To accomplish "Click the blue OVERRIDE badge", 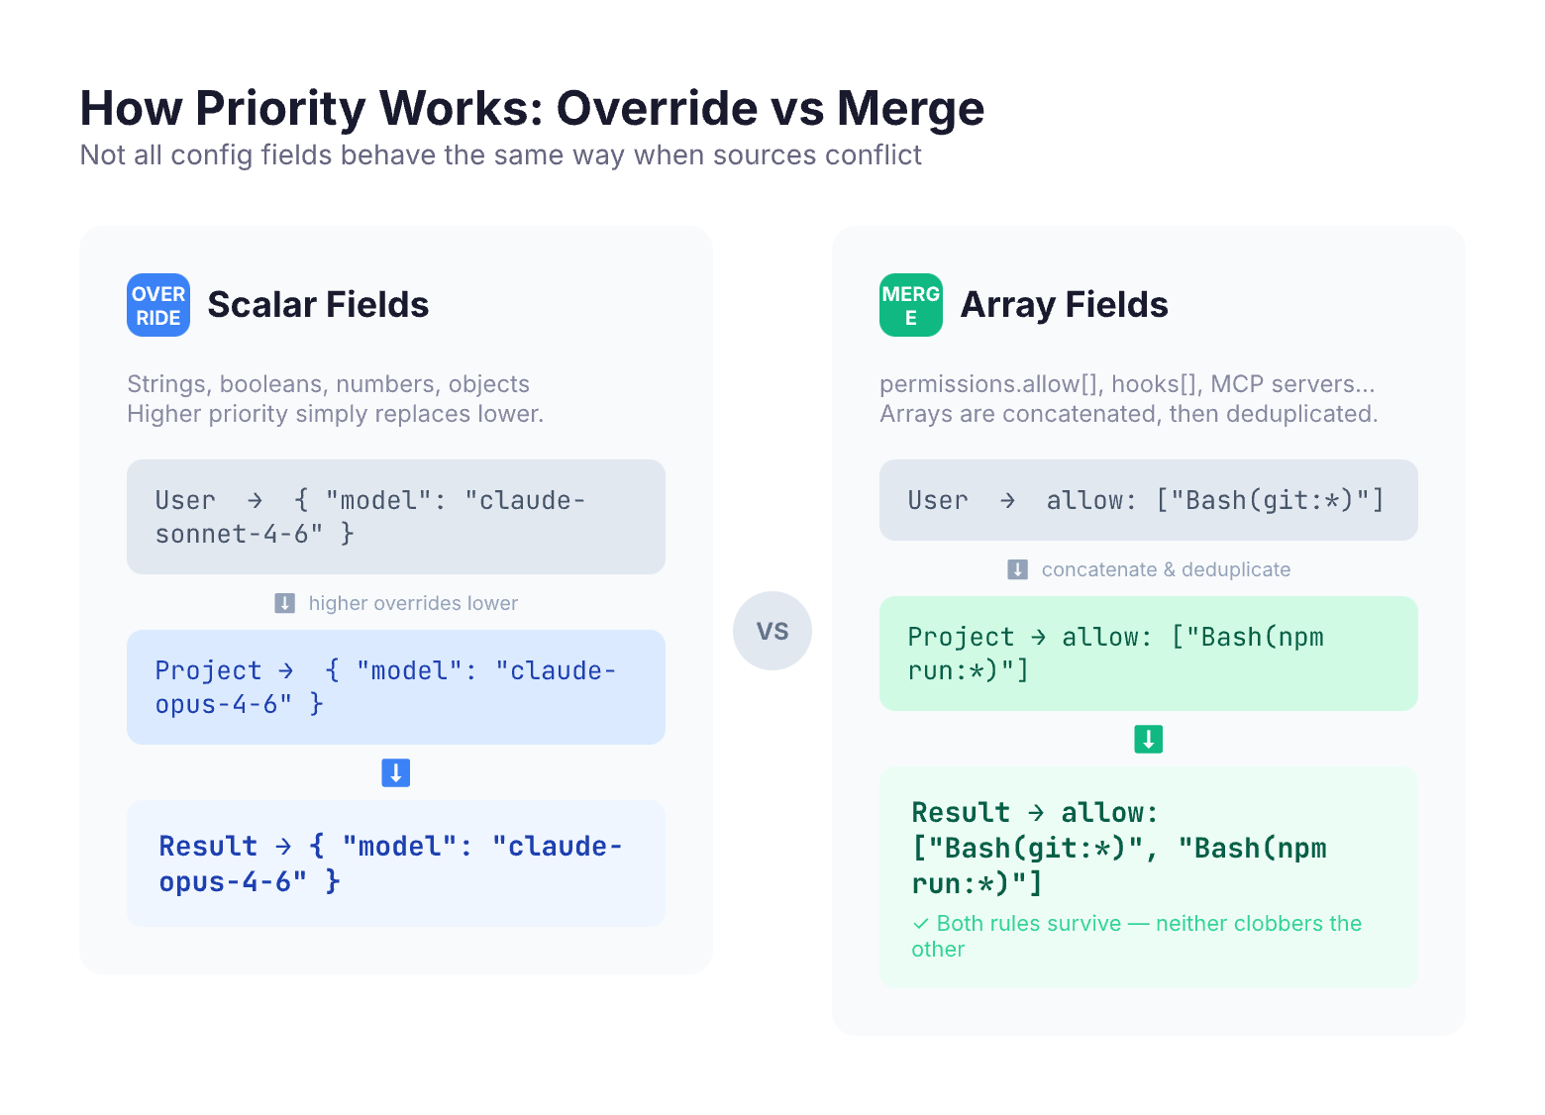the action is pos(157,305).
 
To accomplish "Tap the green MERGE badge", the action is pos(910,305).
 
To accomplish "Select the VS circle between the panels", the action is pos(772,630).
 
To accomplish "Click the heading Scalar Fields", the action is pos(318,305).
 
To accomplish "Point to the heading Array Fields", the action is pos(1064,305).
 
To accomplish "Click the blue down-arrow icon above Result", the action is pos(396,772).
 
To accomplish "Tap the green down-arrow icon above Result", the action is pos(1149,739).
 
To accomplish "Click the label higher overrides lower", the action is pos(412,603).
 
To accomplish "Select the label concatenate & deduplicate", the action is pos(1166,569).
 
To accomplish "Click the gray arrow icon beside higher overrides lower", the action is pos(285,603).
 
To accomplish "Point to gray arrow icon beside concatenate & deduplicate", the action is pos(1017,569).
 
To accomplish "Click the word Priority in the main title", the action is pos(280,109).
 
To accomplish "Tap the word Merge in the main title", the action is pos(910,109).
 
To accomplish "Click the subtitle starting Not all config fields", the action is pos(501,155).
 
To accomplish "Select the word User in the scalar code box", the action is pos(185,501).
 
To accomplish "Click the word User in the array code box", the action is pos(937,501).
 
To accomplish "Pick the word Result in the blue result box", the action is pos(208,846).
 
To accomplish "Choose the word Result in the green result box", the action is pos(960,812).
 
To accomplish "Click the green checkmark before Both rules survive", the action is pos(920,923).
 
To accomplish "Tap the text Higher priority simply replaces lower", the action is pos(335,414).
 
